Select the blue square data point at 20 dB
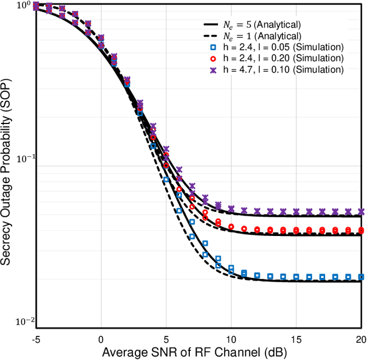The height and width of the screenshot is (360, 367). (361, 276)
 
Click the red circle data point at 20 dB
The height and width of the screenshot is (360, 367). (361, 230)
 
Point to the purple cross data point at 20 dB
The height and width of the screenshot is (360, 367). (361, 211)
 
